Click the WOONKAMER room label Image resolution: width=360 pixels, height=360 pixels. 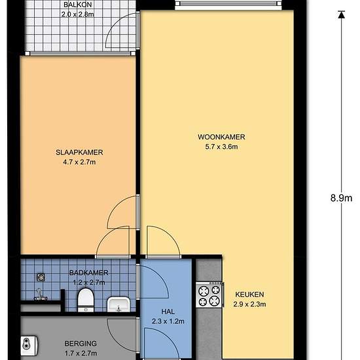pyautogui.click(x=221, y=137)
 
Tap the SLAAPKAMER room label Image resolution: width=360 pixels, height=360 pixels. pyautogui.click(x=79, y=153)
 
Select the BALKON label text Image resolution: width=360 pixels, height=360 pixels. pyautogui.click(x=77, y=5)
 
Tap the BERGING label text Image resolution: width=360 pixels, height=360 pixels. pyautogui.click(x=81, y=343)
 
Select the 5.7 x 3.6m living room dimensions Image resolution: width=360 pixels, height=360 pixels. pyautogui.click(x=221, y=147)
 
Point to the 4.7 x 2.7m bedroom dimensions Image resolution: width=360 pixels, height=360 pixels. pyautogui.click(x=79, y=162)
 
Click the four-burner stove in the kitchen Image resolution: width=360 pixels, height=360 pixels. pyautogui.click(x=209, y=295)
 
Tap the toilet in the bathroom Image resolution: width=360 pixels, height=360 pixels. pyautogui.click(x=85, y=300)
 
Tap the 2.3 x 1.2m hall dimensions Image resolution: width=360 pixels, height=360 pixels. pyautogui.click(x=167, y=322)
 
